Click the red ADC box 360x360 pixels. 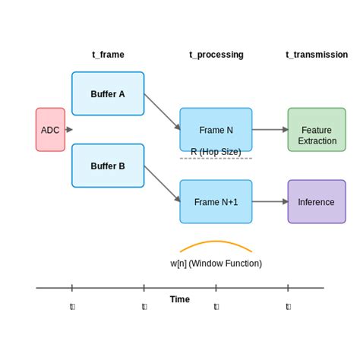[50, 130]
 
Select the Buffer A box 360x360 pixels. [108, 93]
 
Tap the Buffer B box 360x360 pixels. [108, 166]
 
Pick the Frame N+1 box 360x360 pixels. [216, 202]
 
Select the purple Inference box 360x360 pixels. [317, 202]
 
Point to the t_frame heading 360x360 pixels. [108, 55]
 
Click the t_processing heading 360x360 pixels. [216, 55]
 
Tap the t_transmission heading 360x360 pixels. [317, 55]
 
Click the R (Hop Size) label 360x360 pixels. [216, 152]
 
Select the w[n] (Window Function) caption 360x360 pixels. [216, 264]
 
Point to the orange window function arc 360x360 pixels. [216, 242]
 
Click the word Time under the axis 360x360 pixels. [180, 299]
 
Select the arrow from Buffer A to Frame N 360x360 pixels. [162, 112]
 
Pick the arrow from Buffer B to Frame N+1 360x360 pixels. [162, 184]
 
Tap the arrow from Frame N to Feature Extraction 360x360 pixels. [270, 130]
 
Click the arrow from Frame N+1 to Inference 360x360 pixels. [270, 202]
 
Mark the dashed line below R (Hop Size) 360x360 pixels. [216, 159]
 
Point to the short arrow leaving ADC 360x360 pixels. [68, 130]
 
